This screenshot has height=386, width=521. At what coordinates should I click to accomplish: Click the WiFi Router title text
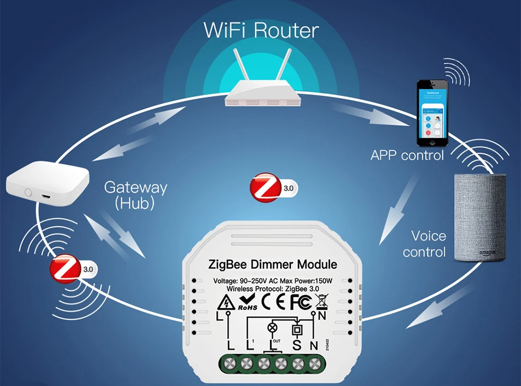[261, 30]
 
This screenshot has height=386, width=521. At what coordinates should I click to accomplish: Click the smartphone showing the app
[432, 110]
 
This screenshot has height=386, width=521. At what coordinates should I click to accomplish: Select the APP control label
[407, 156]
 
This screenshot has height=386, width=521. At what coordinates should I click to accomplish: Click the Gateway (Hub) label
[135, 195]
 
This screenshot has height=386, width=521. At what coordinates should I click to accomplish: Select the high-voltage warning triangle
[225, 302]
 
